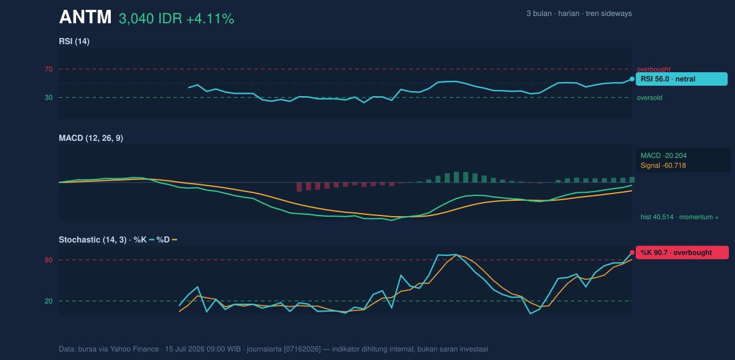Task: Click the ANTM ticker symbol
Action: click(85, 17)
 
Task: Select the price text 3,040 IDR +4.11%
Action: click(176, 19)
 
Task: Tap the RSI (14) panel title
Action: click(74, 41)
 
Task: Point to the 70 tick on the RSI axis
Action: click(48, 69)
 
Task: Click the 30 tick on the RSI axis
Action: click(48, 97)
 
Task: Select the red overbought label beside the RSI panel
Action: click(654, 69)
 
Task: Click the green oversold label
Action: click(649, 98)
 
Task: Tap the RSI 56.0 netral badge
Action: click(682, 79)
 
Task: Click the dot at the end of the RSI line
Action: click(632, 79)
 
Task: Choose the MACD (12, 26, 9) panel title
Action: click(91, 138)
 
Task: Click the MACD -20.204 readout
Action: click(663, 156)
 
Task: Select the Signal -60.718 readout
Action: click(663, 165)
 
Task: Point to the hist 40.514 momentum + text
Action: click(679, 217)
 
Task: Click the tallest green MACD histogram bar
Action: click(456, 177)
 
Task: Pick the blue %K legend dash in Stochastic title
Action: click(152, 240)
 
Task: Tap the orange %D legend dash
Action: click(175, 240)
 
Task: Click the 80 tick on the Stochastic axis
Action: click(48, 260)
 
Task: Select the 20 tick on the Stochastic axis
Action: click(48, 301)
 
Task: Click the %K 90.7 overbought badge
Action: click(682, 252)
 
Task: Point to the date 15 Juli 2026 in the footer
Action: click(185, 349)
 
